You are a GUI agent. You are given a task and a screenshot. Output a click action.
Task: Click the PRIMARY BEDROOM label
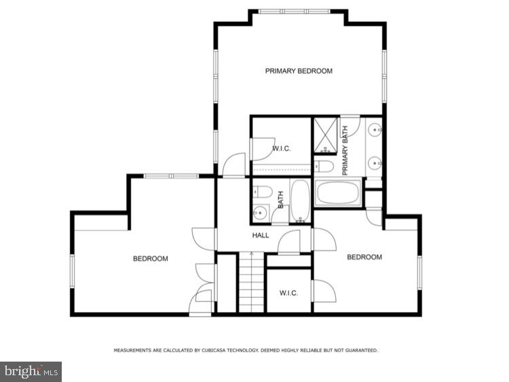point(299,71)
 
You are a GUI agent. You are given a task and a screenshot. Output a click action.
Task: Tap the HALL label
point(261,236)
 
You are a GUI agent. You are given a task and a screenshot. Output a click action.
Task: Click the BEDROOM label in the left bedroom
point(150,258)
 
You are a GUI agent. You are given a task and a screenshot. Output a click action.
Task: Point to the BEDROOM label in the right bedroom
point(364,257)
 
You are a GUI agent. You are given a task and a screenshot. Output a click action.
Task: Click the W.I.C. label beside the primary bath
point(282,148)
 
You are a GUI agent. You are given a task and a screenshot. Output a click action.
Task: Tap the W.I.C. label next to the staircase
point(289,293)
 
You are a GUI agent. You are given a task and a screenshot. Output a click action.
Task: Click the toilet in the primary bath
point(324,167)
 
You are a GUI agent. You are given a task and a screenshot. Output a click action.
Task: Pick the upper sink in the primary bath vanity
point(375,128)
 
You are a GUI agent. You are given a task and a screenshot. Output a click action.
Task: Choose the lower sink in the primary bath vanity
point(375,162)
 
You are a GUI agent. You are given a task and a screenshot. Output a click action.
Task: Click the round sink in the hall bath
point(259,213)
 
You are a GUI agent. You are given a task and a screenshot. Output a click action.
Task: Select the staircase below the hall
point(250,282)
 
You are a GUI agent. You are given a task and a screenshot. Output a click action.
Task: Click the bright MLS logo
point(31,371)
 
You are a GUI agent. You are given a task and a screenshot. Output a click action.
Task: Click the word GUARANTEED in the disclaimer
point(360,351)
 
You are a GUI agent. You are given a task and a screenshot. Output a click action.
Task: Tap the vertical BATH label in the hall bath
point(280,200)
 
